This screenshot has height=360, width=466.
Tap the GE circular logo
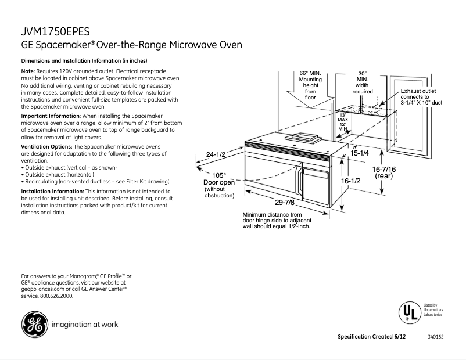(x=34, y=325)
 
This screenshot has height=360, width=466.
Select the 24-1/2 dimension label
(x=216, y=154)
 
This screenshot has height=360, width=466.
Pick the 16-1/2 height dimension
(x=350, y=181)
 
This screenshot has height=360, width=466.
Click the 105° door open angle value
(x=218, y=175)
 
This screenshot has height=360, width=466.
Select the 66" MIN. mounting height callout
(x=310, y=85)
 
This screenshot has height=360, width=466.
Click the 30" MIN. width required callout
(x=362, y=82)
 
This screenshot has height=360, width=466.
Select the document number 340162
(x=436, y=337)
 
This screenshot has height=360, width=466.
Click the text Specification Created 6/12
(x=372, y=337)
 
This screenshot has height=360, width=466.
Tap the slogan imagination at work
(x=85, y=325)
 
